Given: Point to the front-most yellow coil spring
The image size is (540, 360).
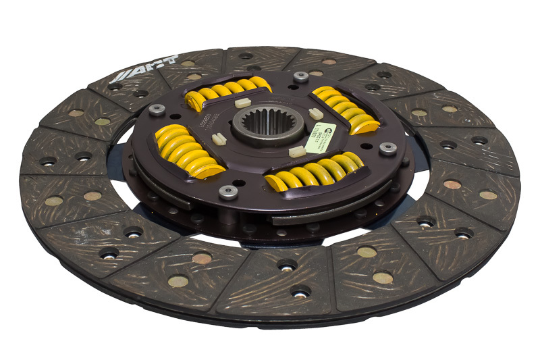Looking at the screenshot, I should point(315,173).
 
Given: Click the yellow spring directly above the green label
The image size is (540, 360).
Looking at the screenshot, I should point(344,107).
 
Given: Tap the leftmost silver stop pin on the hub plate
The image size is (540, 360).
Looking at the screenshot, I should point(157,109).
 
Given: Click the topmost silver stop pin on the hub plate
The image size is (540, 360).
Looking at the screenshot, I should point(300,76).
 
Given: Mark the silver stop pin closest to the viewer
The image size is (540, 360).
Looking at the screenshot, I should point(228,191).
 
